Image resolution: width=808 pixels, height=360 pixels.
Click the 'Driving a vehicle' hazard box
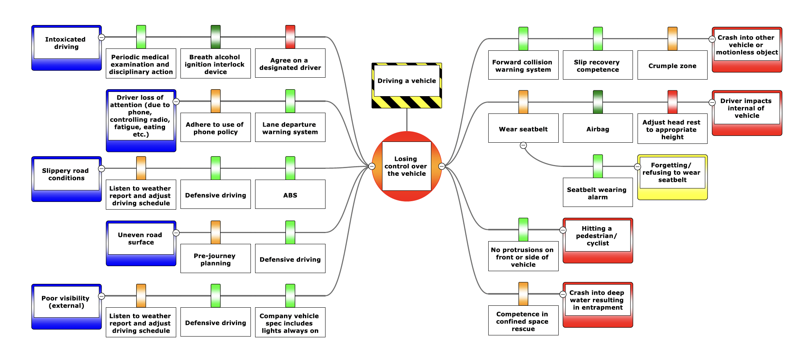406,81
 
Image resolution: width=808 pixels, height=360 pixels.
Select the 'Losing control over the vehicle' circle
406,166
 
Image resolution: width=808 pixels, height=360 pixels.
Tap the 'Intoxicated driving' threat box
66,43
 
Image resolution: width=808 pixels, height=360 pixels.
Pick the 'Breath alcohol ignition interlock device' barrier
215,64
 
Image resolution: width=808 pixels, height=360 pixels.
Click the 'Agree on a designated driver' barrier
290,64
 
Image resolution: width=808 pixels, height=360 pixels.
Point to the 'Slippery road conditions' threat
66,174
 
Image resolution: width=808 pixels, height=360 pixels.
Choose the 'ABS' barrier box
290,195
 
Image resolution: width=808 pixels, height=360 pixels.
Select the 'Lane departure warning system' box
290,128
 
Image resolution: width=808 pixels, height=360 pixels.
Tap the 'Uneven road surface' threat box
141,238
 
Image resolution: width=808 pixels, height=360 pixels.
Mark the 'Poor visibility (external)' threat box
66,302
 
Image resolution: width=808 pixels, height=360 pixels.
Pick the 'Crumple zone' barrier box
672,66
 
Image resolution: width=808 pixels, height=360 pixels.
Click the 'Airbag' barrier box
598,129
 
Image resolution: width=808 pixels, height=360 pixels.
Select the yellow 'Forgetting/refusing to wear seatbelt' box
672,173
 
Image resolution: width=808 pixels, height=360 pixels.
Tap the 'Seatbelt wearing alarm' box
598,193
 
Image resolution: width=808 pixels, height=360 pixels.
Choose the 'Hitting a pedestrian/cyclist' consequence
598,236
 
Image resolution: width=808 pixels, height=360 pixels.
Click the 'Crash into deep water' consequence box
598,300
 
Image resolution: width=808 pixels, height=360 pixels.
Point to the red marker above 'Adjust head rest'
672,102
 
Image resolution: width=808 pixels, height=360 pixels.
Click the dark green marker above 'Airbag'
598,102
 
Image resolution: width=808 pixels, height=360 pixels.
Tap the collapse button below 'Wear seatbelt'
523,145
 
